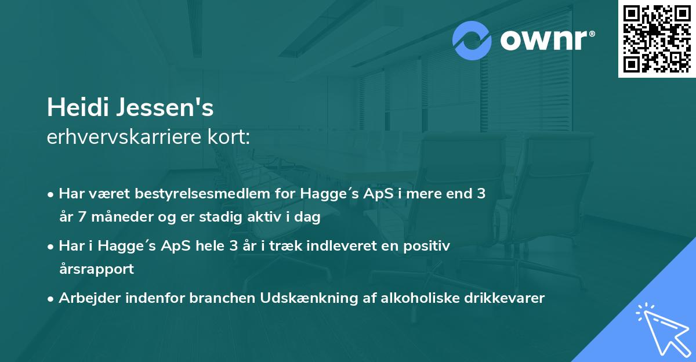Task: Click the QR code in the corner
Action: (657, 38)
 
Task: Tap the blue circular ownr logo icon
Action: (472, 40)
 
